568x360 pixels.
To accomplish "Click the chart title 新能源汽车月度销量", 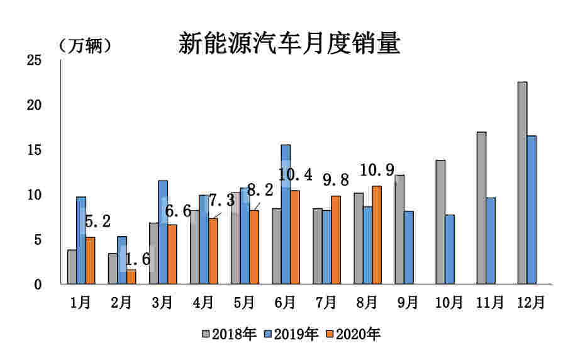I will tap(289, 43).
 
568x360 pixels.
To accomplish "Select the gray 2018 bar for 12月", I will tap(522, 183).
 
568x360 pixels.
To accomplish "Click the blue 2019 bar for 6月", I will tap(286, 214).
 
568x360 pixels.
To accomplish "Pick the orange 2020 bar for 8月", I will tap(377, 235).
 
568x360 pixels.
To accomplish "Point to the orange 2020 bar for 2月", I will tap(131, 276).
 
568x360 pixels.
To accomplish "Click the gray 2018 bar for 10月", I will tap(440, 222).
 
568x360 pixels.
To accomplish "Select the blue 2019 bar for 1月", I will tap(81, 240).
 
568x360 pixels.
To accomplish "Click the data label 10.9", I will tap(377, 171).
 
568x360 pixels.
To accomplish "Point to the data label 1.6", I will tap(138, 259).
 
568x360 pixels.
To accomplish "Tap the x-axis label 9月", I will tap(408, 303).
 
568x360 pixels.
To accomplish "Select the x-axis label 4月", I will tap(203, 303).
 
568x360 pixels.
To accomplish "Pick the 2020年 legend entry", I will tap(354, 334).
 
